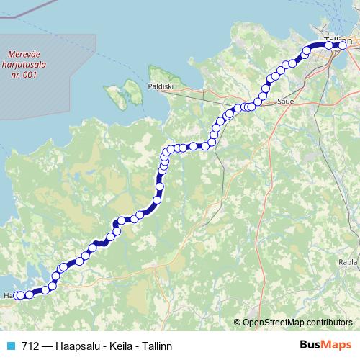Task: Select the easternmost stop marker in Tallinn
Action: (x=343, y=45)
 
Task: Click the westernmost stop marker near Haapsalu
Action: (x=19, y=295)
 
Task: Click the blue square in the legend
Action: (x=9, y=346)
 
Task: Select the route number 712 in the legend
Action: (x=30, y=346)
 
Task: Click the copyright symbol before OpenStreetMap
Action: (x=238, y=322)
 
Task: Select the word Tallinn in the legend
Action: (x=156, y=346)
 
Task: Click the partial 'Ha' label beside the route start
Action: (x=7, y=295)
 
